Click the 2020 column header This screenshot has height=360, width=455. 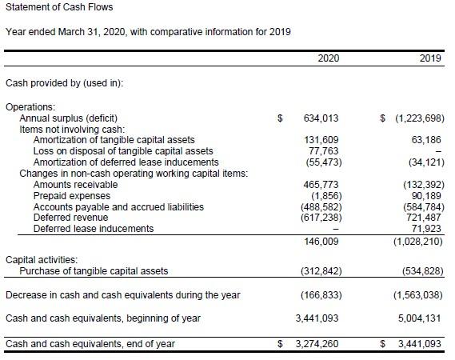click(x=328, y=58)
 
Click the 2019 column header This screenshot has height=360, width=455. click(x=430, y=58)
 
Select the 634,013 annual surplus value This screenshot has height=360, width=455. click(x=321, y=118)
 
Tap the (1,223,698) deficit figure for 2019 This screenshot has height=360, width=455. click(x=420, y=118)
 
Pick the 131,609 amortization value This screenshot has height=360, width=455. click(x=321, y=140)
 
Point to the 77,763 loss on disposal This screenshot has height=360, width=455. click(x=324, y=151)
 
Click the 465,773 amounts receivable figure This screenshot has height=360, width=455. click(x=321, y=185)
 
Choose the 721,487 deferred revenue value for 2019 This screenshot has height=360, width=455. click(x=423, y=218)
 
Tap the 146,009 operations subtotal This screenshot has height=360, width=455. click(x=321, y=242)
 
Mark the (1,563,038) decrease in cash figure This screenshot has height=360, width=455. click(x=418, y=295)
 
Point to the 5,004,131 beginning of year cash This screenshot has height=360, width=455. click(x=420, y=318)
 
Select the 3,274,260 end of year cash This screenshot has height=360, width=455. click(x=317, y=344)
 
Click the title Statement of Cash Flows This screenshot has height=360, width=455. click(x=59, y=7)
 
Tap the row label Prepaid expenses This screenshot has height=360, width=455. click(x=72, y=196)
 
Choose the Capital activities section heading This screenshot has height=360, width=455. click(x=42, y=259)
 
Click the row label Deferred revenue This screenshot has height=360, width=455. click(x=70, y=218)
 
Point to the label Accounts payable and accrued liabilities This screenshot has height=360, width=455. click(x=118, y=207)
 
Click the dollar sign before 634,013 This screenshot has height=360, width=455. click(x=280, y=118)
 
